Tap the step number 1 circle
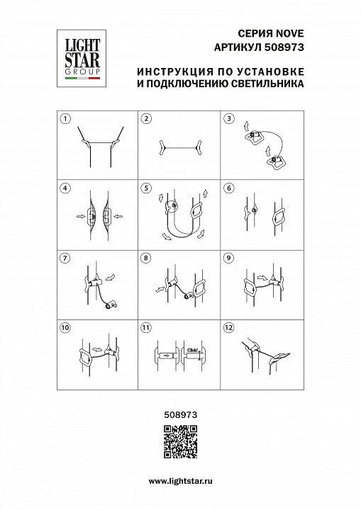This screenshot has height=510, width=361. tap(66, 119)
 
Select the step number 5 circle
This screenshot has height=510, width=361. tap(146, 188)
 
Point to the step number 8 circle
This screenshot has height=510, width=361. tap(146, 258)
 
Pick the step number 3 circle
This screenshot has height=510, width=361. tap(228, 119)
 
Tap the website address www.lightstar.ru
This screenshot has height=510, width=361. tap(180, 481)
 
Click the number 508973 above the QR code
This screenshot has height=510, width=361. tap(180, 409)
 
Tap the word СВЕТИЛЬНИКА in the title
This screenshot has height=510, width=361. tap(268, 84)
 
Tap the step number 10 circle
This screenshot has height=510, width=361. tap(66, 327)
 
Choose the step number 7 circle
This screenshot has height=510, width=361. tap(66, 258)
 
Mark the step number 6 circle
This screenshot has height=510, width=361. tap(228, 188)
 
